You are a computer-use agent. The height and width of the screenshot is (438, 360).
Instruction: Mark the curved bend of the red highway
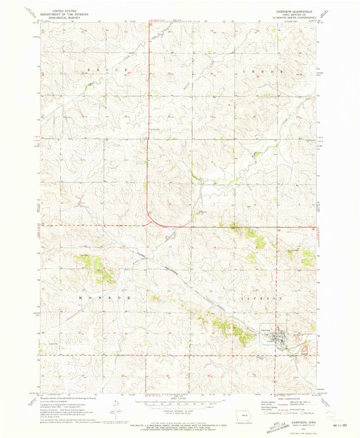[x=151, y=221]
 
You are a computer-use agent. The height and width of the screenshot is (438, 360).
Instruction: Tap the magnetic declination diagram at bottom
[x=116, y=409]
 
